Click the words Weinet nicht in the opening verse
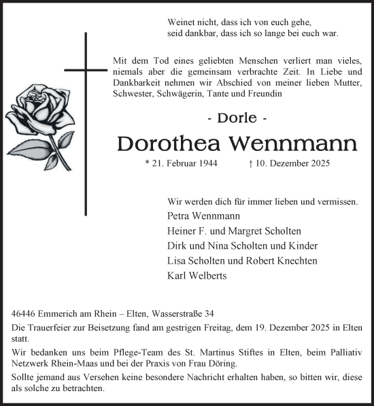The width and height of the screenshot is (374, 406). pyautogui.click(x=191, y=22)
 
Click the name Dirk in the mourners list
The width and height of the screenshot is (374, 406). pyautogui.click(x=176, y=246)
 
